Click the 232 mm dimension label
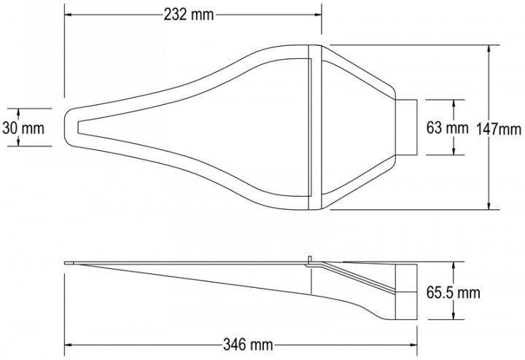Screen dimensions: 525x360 point(189,15)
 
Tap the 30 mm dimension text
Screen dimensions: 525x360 point(23,128)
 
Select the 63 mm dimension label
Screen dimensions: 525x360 point(447,128)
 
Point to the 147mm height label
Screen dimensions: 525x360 point(498,129)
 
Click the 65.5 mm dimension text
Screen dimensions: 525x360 point(453,293)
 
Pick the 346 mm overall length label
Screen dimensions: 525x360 point(248,344)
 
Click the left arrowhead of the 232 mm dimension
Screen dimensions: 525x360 point(69,15)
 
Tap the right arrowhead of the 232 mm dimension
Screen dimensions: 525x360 point(317,15)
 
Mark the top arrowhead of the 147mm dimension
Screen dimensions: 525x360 point(489,49)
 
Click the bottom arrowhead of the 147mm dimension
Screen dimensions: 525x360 point(489,206)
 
